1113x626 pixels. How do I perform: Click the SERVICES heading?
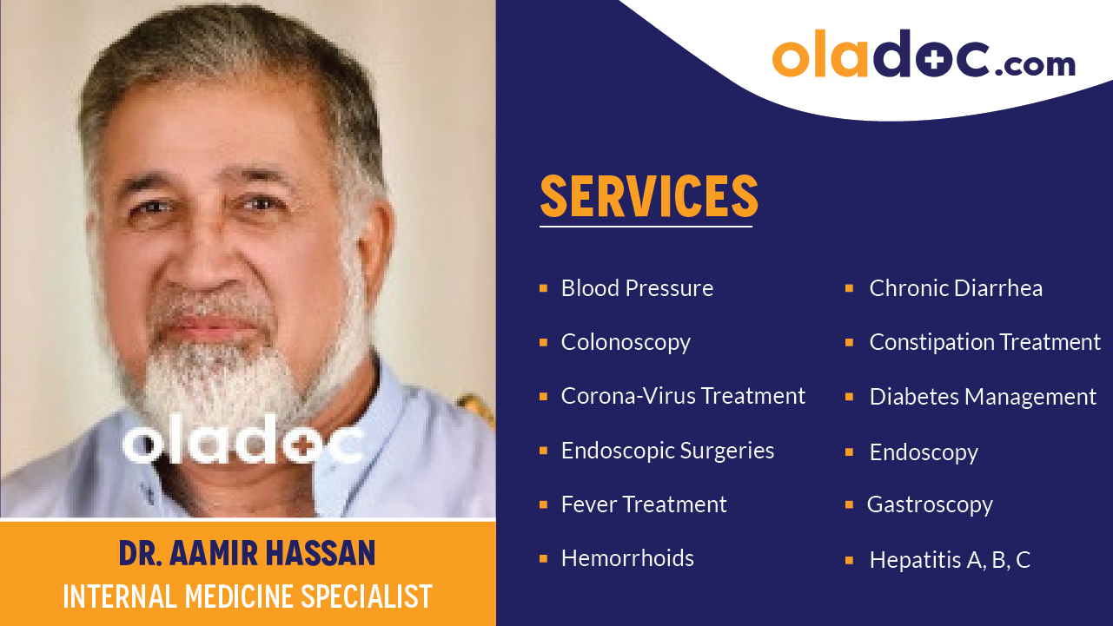[x=649, y=197]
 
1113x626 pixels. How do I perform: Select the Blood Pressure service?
[x=637, y=288]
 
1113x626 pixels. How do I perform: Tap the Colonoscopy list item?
[x=626, y=342]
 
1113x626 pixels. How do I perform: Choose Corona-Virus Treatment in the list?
[x=683, y=396]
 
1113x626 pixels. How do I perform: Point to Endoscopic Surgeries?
[x=667, y=451]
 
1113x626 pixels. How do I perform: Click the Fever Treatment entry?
[x=644, y=504]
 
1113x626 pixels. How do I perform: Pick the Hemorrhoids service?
[x=627, y=558]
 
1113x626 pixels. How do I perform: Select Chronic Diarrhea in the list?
[x=956, y=288]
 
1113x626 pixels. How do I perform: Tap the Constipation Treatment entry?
[x=984, y=342]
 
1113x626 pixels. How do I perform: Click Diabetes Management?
[x=983, y=397]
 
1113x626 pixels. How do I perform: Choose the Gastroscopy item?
[x=930, y=505]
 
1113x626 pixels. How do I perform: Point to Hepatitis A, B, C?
[x=950, y=560]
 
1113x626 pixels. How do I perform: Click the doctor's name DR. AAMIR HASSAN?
[x=248, y=553]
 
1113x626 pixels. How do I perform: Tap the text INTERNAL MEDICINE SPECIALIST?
[x=248, y=596]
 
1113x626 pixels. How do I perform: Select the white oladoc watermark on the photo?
[x=243, y=443]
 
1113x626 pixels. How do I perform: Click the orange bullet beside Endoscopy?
[x=849, y=452]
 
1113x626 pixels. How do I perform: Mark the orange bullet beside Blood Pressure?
[x=543, y=288]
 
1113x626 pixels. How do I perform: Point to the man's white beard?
[x=217, y=382]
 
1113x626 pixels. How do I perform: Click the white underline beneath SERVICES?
[x=646, y=227]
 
